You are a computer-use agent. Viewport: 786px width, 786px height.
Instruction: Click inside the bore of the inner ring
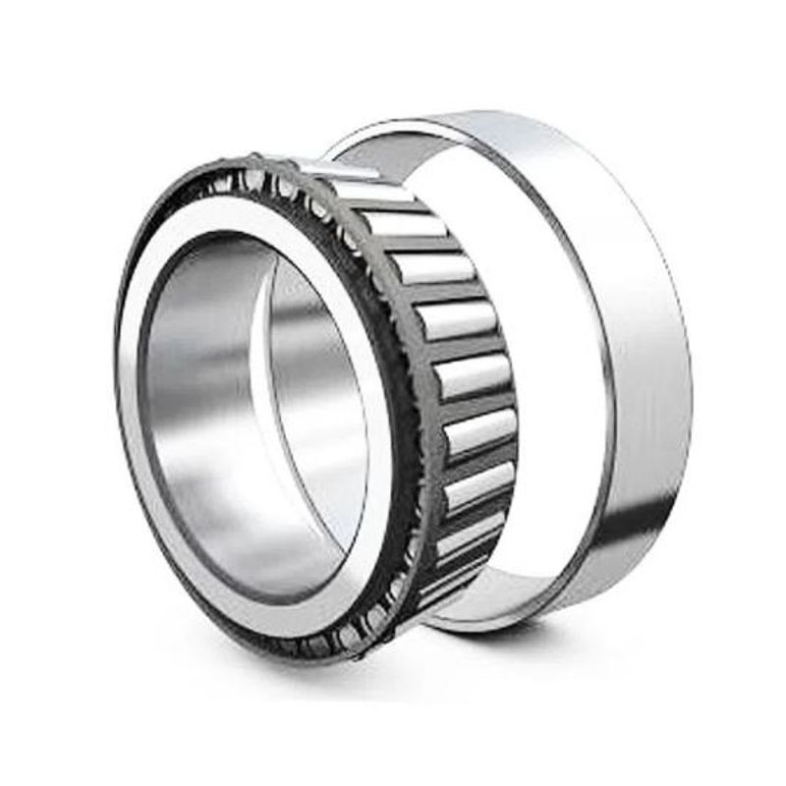[246, 413]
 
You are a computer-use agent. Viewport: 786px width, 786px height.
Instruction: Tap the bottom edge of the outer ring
[511, 627]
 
